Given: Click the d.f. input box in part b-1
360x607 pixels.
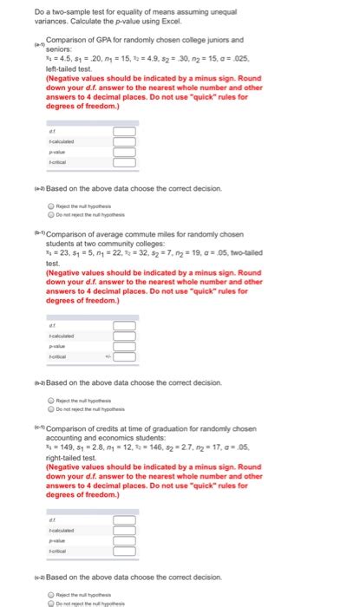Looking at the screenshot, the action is [123, 325].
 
